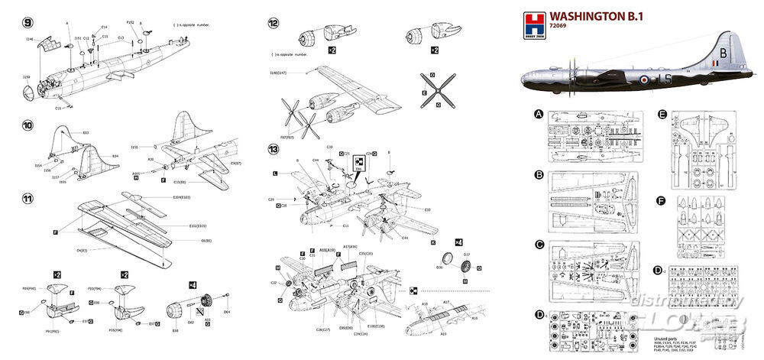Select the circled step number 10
28,123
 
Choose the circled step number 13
273,149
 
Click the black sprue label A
539,115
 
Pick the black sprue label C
539,245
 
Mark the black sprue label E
662,115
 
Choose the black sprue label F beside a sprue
662,202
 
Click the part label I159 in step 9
27,77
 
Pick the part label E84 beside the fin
115,157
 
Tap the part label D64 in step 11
226,312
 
